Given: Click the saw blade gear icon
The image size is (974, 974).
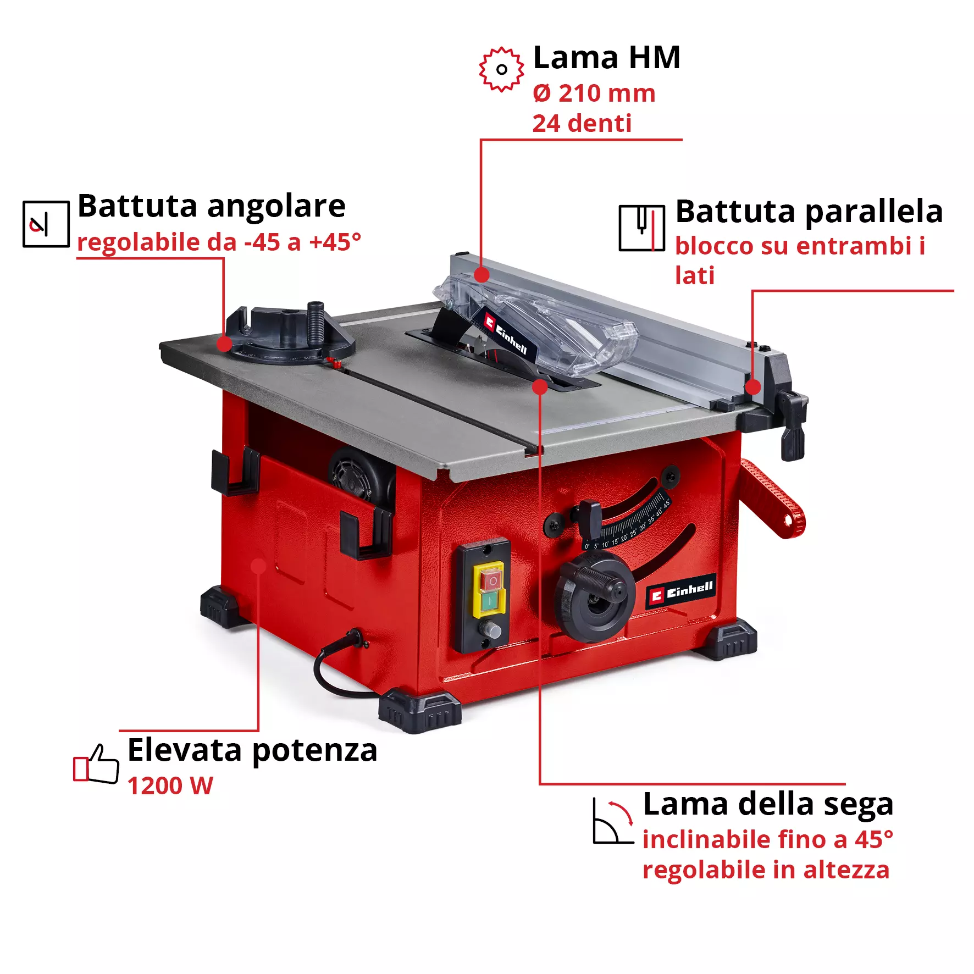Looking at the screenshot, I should point(501,69).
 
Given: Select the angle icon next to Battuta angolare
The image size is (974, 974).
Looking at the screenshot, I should point(46,224).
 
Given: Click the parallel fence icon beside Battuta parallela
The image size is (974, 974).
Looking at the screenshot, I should point(641,228).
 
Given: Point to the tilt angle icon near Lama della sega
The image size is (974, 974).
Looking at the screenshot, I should point(613,821).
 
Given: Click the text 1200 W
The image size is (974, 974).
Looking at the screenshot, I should point(170,786).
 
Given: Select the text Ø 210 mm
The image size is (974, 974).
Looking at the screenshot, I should point(594,93).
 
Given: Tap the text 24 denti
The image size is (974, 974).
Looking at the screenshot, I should point(582,124).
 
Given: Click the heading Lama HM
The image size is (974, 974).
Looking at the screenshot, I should point(607,58).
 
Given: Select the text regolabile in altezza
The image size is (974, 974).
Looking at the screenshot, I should point(766,870).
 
